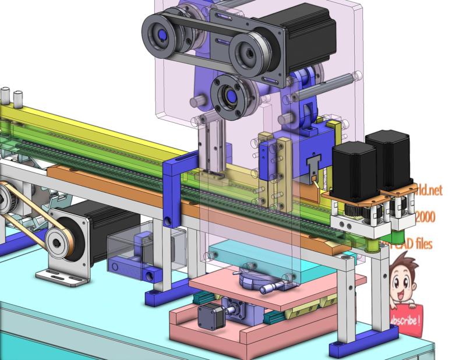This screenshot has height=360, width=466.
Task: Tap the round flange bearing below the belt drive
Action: click(x=231, y=95)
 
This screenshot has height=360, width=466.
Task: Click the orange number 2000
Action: click(x=425, y=217)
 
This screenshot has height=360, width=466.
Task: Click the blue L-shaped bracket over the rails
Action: click(x=174, y=186)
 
